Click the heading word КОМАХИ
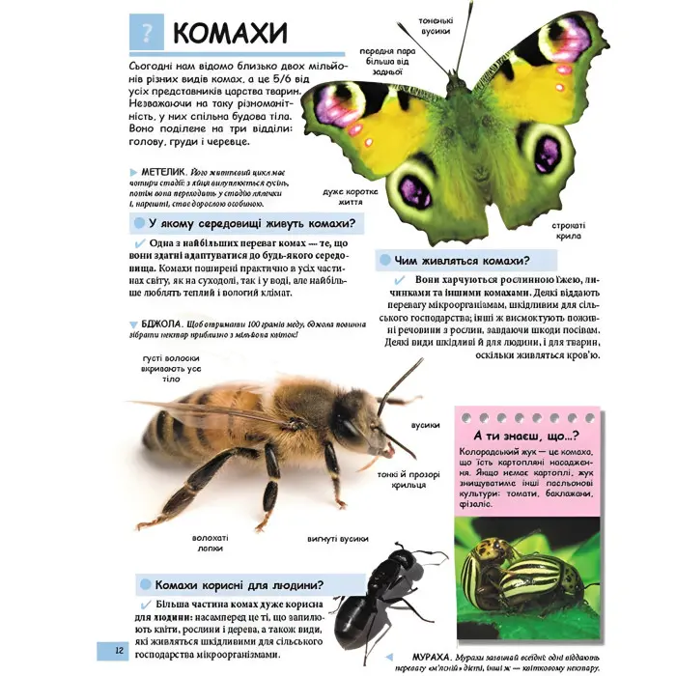tap(231, 33)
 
